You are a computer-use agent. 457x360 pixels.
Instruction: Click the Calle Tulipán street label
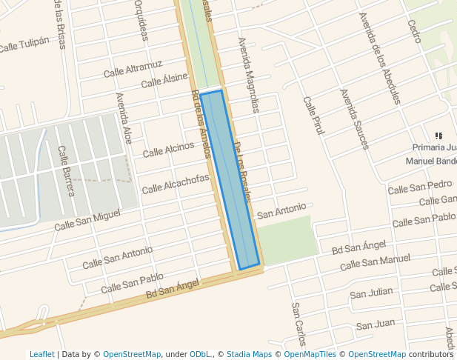pos(24,44)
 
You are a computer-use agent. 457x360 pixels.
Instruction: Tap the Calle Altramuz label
pos(133,69)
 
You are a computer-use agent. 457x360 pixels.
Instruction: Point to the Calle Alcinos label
pos(168,150)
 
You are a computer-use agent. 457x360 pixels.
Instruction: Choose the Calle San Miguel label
pos(87,219)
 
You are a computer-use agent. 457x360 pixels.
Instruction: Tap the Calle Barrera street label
pos(67,171)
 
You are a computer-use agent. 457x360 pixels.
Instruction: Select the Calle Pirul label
pos(314,114)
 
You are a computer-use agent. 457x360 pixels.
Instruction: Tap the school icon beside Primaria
pos(438,136)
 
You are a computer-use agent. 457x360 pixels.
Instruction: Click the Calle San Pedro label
pos(420,187)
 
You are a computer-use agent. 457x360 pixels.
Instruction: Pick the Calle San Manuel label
pos(375,262)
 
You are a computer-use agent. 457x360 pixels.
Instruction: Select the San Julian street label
pos(371,293)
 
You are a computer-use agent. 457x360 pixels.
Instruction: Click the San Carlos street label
pos(298,324)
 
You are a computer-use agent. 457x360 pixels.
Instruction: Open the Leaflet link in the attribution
pos(42,354)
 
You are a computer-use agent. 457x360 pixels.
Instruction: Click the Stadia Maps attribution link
pos(248,354)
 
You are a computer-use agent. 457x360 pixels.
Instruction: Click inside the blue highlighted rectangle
pos(230,178)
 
